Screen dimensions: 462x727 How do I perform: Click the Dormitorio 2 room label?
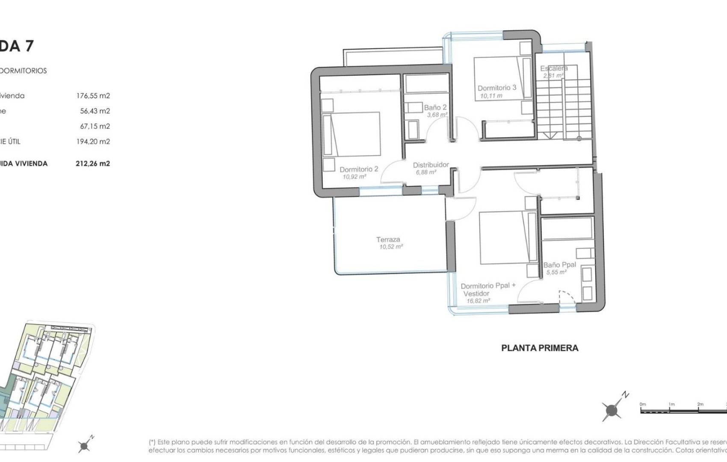[x=359, y=169]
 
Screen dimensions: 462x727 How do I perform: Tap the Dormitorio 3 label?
[x=497, y=88]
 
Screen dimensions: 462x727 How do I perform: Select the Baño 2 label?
[x=435, y=107]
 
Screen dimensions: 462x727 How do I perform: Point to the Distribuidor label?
[x=431, y=165]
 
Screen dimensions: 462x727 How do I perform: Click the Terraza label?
[x=388, y=240]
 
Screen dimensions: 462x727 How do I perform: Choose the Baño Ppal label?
[x=559, y=265]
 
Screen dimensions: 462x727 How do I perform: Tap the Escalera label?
[x=554, y=68]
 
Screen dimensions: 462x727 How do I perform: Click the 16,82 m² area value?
[x=478, y=301]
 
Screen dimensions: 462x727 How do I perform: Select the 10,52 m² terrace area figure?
[x=391, y=247]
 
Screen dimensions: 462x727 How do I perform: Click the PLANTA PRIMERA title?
[x=540, y=348]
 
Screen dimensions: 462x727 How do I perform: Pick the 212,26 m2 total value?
[x=93, y=163]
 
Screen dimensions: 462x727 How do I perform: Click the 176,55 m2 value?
[x=93, y=96]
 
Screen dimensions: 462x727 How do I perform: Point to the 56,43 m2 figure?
[x=95, y=111]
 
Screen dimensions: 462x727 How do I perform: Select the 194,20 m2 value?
[x=93, y=142]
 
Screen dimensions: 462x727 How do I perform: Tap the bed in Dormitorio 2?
[x=352, y=134]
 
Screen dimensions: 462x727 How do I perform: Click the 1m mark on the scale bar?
[x=671, y=404]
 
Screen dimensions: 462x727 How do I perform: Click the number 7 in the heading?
[x=29, y=46]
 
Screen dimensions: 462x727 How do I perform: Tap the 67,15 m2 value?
[x=95, y=126]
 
